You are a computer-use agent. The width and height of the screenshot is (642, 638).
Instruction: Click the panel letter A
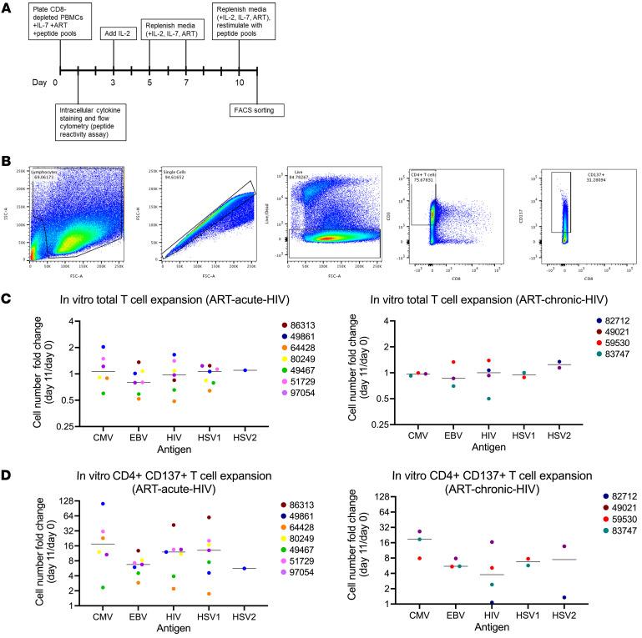(8, 8)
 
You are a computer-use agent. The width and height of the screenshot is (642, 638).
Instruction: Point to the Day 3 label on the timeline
(114, 83)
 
